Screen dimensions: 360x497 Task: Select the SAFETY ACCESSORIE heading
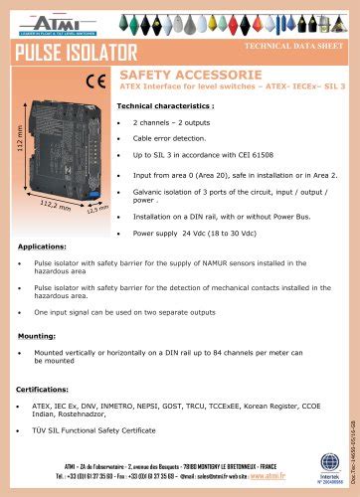pyautogui.click(x=190, y=75)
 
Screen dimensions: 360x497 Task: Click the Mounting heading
pyautogui.click(x=37, y=336)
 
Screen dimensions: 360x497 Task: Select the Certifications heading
pyautogui.click(x=46, y=390)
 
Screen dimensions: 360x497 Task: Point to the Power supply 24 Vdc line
pyautogui.click(x=189, y=232)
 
